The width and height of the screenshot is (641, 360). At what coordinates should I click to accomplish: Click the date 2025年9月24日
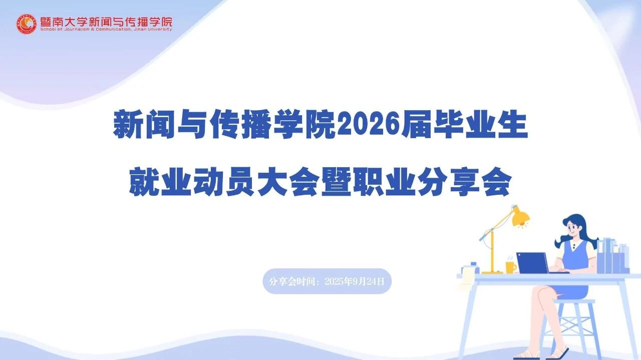(355, 281)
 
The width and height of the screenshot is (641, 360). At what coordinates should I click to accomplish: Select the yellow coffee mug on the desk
(510, 267)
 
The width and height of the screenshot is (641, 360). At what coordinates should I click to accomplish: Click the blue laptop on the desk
(533, 263)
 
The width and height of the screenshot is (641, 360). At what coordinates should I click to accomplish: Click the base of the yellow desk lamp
(492, 272)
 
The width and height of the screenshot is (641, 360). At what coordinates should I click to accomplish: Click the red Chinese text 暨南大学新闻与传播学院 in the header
(105, 22)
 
